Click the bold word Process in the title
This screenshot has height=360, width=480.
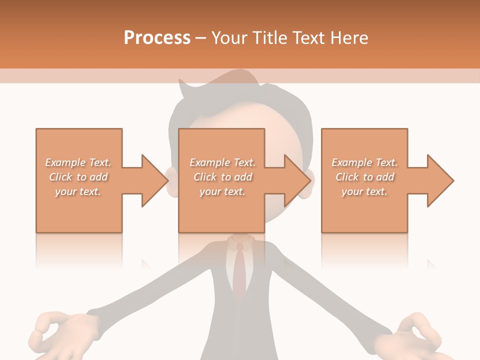point(157,38)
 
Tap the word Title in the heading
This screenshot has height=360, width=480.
point(270,38)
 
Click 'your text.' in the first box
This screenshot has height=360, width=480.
point(78,191)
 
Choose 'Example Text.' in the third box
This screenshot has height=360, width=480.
point(364,162)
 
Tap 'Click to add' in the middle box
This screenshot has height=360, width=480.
point(222,177)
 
